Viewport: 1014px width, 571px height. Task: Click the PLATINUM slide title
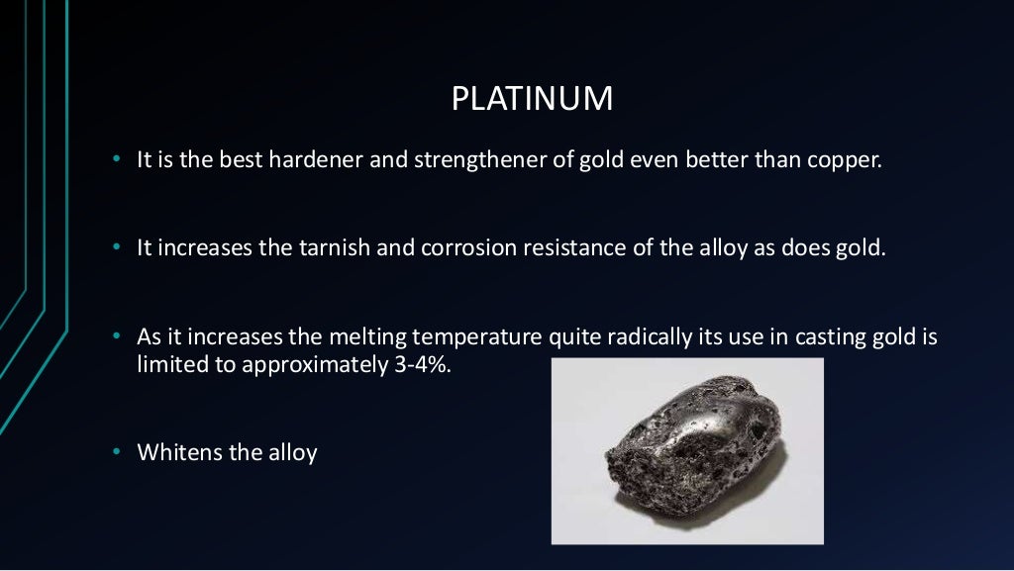(532, 99)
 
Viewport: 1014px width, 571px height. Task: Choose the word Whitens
(173, 453)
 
